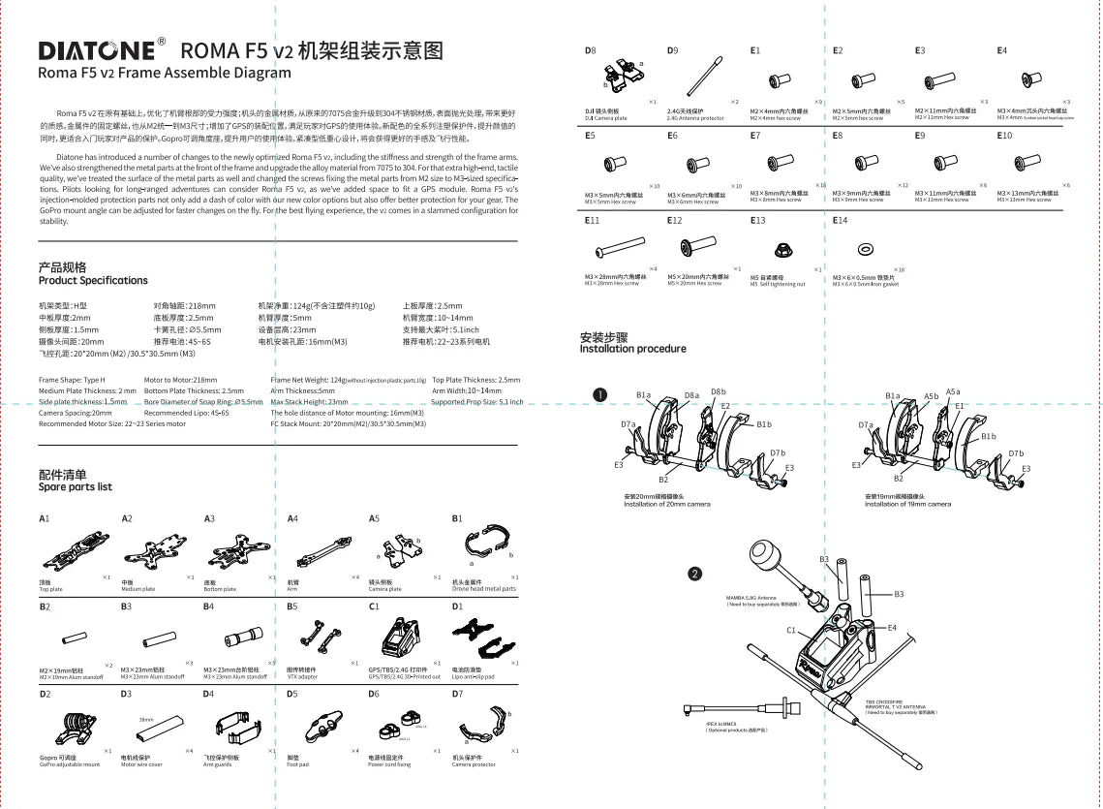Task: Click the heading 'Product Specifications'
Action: click(x=93, y=281)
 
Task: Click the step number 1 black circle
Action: click(x=599, y=394)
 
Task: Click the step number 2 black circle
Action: click(x=694, y=573)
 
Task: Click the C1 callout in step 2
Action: click(x=791, y=630)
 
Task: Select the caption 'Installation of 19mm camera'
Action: click(x=907, y=504)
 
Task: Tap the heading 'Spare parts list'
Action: click(x=76, y=487)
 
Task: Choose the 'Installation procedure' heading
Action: click(x=632, y=349)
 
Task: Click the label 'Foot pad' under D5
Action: click(x=296, y=764)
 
